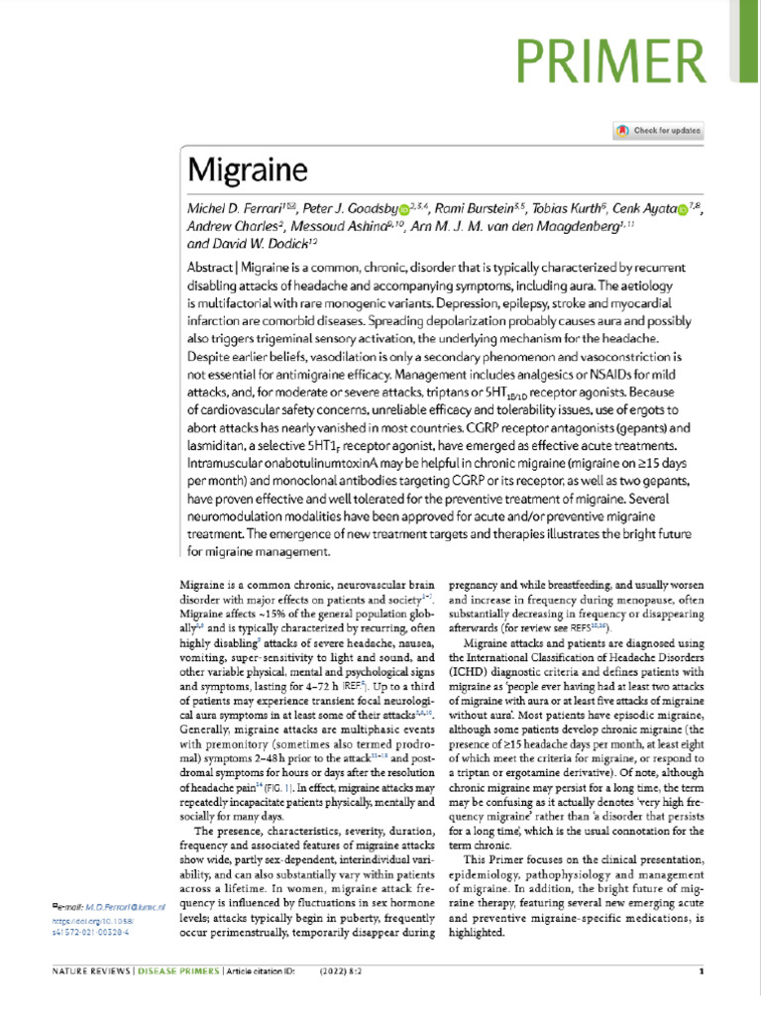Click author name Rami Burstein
coord(480,210)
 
